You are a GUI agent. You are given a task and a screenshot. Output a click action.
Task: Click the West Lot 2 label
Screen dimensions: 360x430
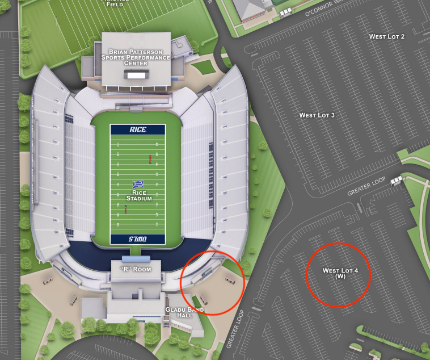point(387,36)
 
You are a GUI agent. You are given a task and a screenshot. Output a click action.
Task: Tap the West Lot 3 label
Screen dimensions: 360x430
point(317,115)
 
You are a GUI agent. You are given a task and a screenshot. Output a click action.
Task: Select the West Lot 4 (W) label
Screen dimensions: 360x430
point(340,273)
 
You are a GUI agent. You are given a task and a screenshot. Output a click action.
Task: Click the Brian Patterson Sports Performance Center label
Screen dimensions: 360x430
point(136,57)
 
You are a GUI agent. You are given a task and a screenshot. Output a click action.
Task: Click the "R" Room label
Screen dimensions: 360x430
point(136,269)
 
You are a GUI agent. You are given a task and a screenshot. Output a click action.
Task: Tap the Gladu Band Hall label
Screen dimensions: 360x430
point(180,312)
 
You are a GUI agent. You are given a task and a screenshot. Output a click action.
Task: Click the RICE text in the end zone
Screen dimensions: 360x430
point(138,129)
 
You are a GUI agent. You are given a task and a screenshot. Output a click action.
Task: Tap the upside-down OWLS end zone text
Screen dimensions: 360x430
point(138,239)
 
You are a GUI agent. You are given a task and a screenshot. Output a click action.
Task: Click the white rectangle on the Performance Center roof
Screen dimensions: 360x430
point(136,75)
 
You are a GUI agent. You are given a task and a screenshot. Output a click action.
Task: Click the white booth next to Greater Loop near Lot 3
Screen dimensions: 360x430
point(396,180)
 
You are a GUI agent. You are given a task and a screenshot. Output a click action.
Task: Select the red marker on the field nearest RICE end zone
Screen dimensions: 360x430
point(150,158)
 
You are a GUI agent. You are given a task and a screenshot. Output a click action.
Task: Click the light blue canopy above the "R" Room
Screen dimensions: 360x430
point(132,259)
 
